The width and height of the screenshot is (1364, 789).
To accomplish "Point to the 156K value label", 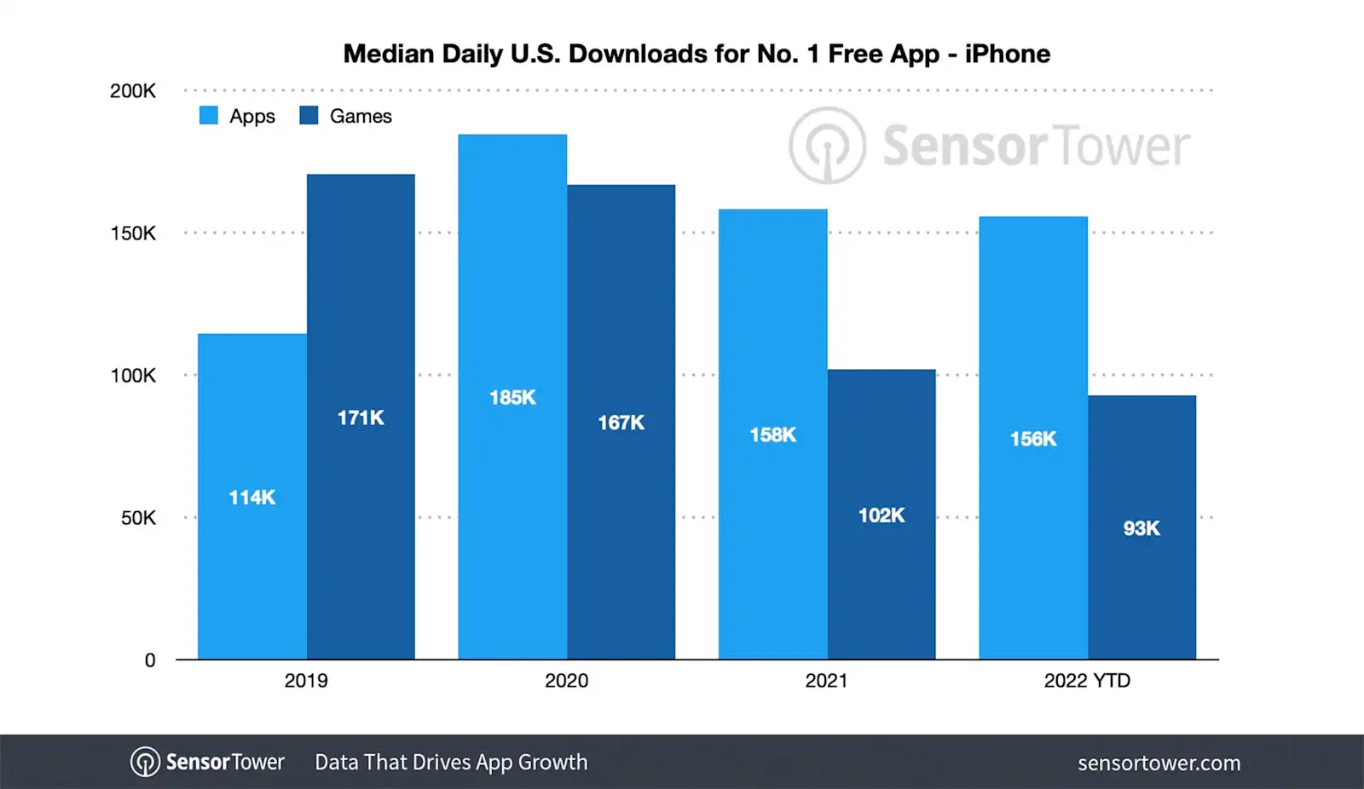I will (x=1033, y=439).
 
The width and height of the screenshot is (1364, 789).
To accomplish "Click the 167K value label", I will (x=621, y=423).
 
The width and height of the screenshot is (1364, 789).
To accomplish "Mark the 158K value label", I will (x=772, y=435).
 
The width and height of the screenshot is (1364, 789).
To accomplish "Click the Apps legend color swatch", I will (x=209, y=116).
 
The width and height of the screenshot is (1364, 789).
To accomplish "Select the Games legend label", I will (x=361, y=116).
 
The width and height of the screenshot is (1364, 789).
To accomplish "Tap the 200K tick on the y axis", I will (x=133, y=91).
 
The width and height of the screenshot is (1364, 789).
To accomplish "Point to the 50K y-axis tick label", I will (x=138, y=518).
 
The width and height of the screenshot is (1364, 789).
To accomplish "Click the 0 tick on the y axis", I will (x=150, y=660).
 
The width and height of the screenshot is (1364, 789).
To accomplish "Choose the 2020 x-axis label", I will (x=566, y=681).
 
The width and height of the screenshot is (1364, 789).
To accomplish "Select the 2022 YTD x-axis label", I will (x=1087, y=681).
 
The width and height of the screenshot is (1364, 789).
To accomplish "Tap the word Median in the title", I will (x=388, y=54).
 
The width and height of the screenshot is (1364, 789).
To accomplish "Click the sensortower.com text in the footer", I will (x=1159, y=763).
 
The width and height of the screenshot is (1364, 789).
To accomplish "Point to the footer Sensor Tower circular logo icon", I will (x=145, y=762).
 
